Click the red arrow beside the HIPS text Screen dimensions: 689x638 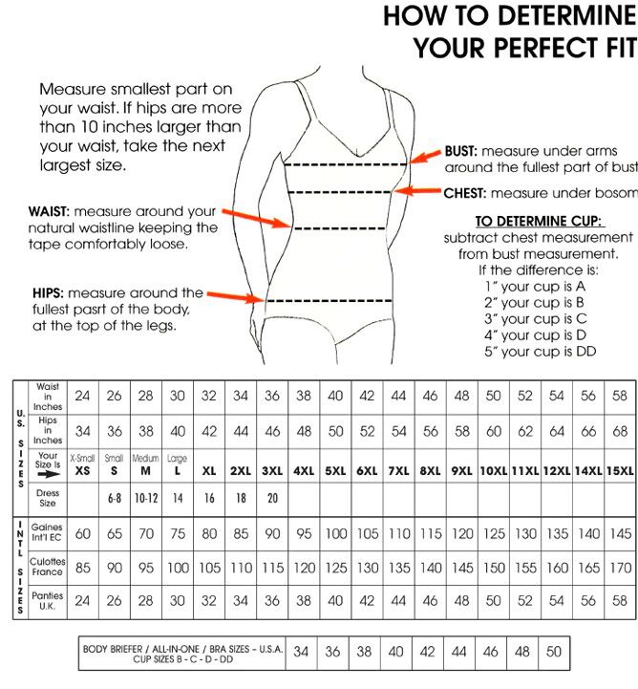pyautogui.click(x=235, y=297)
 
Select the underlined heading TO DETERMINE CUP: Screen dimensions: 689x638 pyautogui.click(x=538, y=220)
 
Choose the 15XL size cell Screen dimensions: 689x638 pyautogui.click(x=620, y=471)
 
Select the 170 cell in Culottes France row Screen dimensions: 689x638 pyautogui.click(x=620, y=568)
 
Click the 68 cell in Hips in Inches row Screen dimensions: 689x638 pyautogui.click(x=620, y=431)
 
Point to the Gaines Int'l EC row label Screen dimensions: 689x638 pyautogui.click(x=47, y=532)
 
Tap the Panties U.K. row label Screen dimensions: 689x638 pyautogui.click(x=47, y=601)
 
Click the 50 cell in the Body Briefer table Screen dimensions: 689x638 pyautogui.click(x=553, y=652)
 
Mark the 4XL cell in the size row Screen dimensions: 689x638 pyautogui.click(x=304, y=471)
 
